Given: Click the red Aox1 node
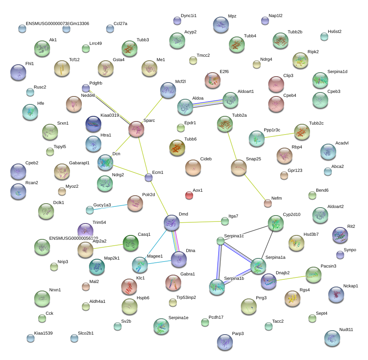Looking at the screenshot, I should (189, 195).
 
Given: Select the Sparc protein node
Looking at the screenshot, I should (136, 129).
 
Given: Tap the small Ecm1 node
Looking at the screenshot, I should (148, 177).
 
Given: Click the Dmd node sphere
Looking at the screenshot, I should (172, 223).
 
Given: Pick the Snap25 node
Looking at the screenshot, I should (238, 167).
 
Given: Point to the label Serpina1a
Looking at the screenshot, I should (275, 258).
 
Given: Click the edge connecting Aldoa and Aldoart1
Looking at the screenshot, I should (207, 103).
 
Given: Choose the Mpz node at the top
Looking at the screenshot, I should (221, 25).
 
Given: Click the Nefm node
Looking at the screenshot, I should (268, 203).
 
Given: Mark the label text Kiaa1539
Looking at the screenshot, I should (43, 333).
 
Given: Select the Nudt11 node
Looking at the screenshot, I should (332, 338).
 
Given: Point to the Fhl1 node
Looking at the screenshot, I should (18, 72).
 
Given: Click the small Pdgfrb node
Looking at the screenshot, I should (85, 88).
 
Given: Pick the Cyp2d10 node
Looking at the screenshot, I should (275, 223).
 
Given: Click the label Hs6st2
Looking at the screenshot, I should (335, 31).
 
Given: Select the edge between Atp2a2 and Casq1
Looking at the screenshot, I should (108, 246).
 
